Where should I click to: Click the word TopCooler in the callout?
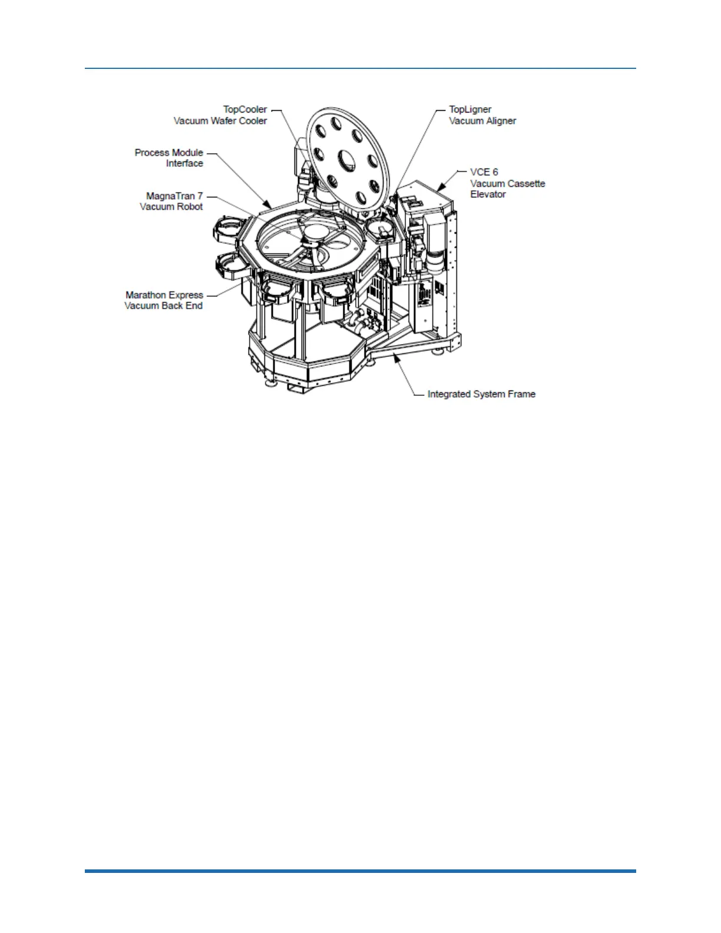pyautogui.click(x=244, y=110)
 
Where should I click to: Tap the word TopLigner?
pyautogui.click(x=469, y=110)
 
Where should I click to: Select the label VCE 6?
pyautogui.click(x=484, y=172)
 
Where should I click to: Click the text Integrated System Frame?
pyautogui.click(x=481, y=394)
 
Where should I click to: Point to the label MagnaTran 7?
pyautogui.click(x=174, y=196)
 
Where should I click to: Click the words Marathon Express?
pyautogui.click(x=164, y=295)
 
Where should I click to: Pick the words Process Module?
pyautogui.click(x=168, y=153)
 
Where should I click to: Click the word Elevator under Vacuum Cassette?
pyautogui.click(x=488, y=194)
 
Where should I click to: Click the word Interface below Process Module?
pyautogui.click(x=184, y=164)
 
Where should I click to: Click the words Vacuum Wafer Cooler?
pyautogui.click(x=220, y=121)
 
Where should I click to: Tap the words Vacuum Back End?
pyautogui.click(x=163, y=306)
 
